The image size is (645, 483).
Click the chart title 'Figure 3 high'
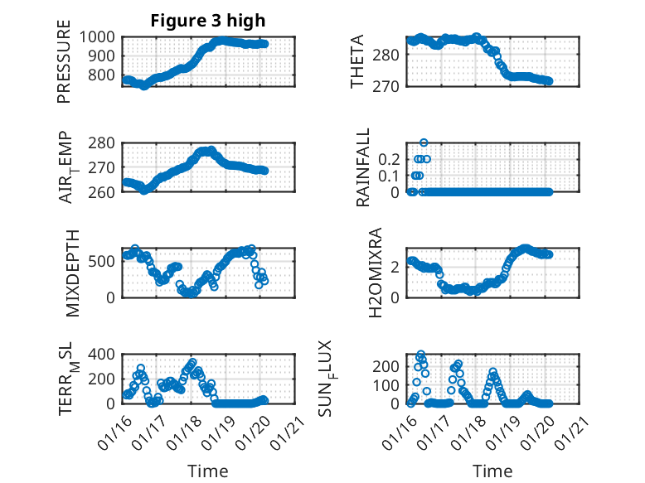(208, 21)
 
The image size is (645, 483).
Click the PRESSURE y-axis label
(65, 66)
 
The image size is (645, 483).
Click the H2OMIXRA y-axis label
(376, 272)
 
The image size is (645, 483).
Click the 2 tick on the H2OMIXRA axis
(398, 267)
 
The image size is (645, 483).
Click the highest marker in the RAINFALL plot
(424, 142)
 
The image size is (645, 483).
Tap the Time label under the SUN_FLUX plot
(492, 471)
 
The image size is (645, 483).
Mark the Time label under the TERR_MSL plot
(208, 471)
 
